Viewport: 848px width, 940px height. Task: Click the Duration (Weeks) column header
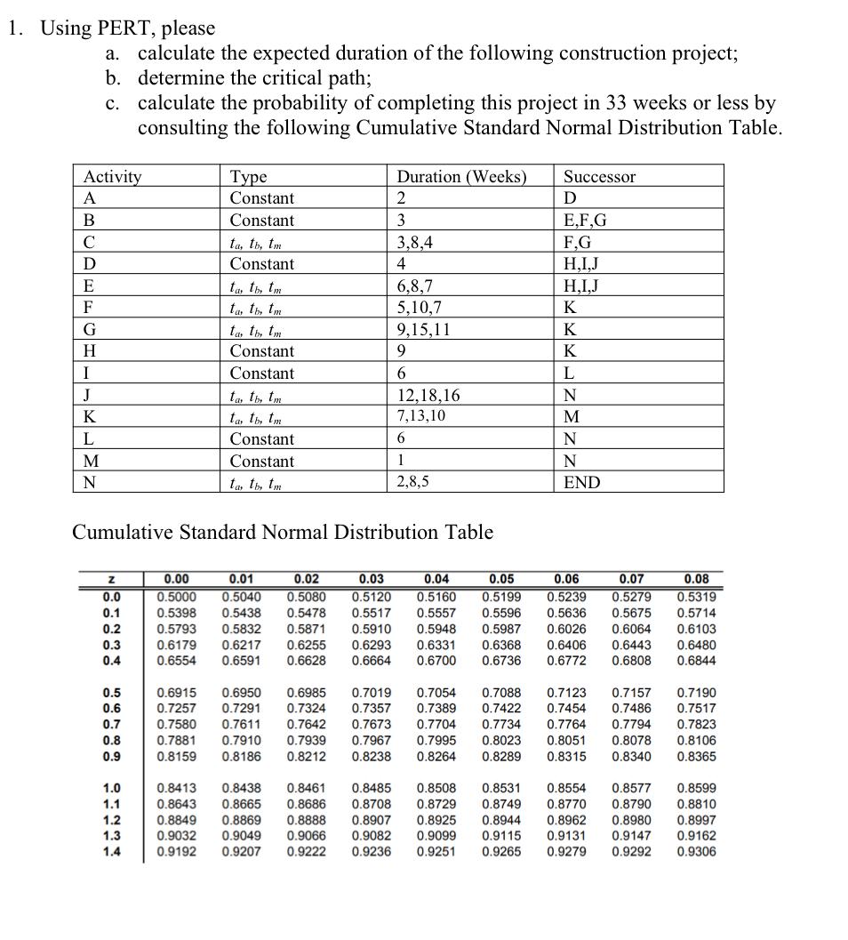[x=461, y=176]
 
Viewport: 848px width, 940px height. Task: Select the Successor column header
[x=600, y=176]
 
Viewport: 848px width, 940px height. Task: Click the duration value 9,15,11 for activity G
[x=423, y=329]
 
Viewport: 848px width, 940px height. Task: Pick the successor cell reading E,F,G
[x=586, y=220]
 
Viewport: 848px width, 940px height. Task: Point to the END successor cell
[x=582, y=483]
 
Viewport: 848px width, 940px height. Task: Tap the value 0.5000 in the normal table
[x=176, y=597]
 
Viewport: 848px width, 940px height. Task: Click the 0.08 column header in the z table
[x=697, y=580]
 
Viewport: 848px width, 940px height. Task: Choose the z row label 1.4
[x=112, y=851]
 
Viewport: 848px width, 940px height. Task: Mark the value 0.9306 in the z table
[x=697, y=851]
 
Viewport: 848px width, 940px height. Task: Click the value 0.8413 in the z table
[x=176, y=788]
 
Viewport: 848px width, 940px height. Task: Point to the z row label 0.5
[x=112, y=692]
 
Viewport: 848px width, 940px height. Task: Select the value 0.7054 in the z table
[x=436, y=692]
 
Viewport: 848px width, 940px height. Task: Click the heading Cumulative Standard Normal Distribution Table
[x=282, y=532]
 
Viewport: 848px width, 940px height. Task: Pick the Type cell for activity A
[x=261, y=197]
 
